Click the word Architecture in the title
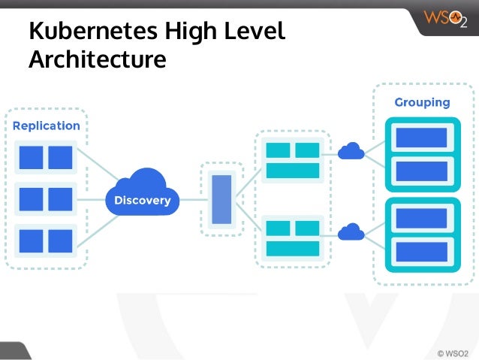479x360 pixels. click(x=97, y=59)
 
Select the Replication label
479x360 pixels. click(x=47, y=126)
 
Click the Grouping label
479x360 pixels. click(x=422, y=102)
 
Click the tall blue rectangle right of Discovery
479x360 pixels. click(x=221, y=199)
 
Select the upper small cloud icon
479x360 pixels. click(x=351, y=152)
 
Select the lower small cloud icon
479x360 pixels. click(x=351, y=231)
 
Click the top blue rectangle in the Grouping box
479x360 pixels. click(x=421, y=138)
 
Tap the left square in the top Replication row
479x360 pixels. click(x=31, y=158)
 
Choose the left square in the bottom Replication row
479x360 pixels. click(x=31, y=240)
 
